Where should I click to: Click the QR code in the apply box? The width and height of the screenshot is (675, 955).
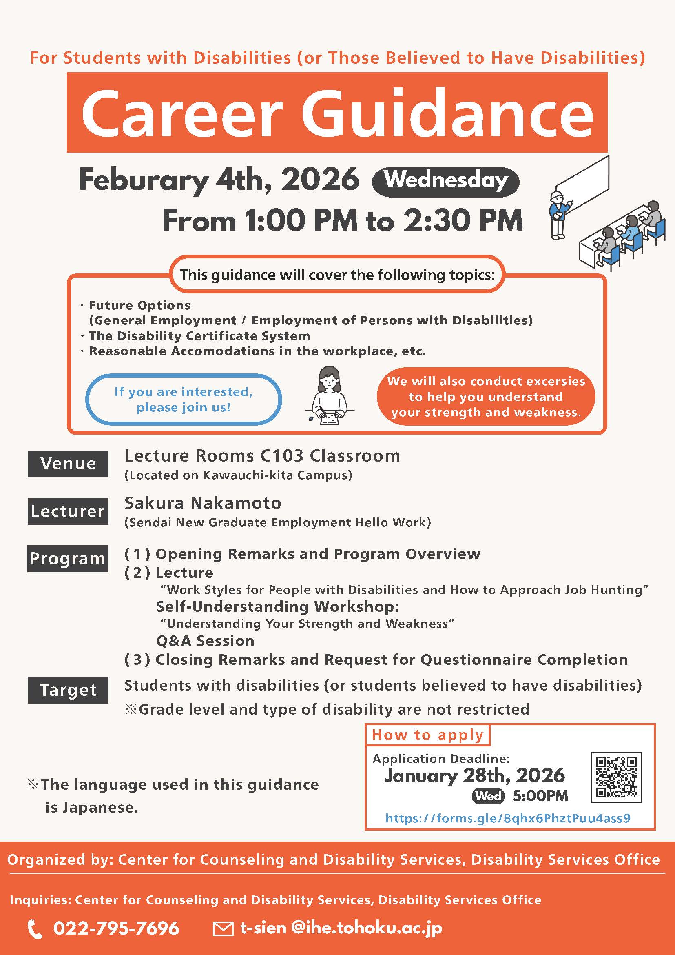click(x=616, y=777)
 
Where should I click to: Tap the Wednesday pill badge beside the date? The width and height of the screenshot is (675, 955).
click(x=445, y=181)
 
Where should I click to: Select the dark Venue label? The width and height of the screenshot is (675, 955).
click(x=68, y=463)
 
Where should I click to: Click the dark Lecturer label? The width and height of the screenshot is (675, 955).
click(x=68, y=511)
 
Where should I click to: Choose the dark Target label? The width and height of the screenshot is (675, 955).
click(x=68, y=690)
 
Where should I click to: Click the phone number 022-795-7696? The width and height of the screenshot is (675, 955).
click(x=116, y=928)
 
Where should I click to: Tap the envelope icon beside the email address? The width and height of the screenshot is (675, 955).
click(x=223, y=928)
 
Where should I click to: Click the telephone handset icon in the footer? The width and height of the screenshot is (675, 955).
click(x=35, y=929)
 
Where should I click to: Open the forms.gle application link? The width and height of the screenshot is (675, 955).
click(x=507, y=818)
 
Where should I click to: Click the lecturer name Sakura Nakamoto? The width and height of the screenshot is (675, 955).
click(x=203, y=503)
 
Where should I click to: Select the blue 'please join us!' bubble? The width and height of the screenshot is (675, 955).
click(x=184, y=399)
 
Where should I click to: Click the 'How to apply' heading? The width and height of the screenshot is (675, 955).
click(x=428, y=735)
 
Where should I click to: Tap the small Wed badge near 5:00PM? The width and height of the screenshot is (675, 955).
click(x=488, y=796)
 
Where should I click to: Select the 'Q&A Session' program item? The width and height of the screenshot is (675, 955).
click(x=205, y=641)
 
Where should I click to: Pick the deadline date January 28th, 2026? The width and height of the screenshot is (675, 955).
click(x=475, y=775)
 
